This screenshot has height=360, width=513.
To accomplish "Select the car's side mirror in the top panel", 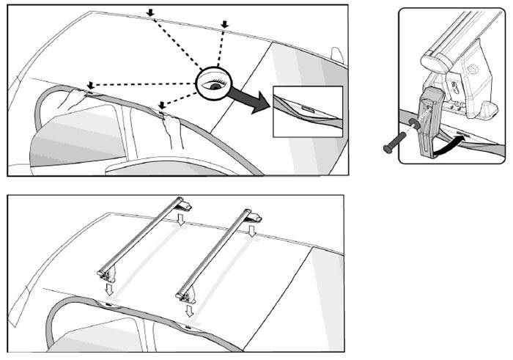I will coord(338,57).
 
